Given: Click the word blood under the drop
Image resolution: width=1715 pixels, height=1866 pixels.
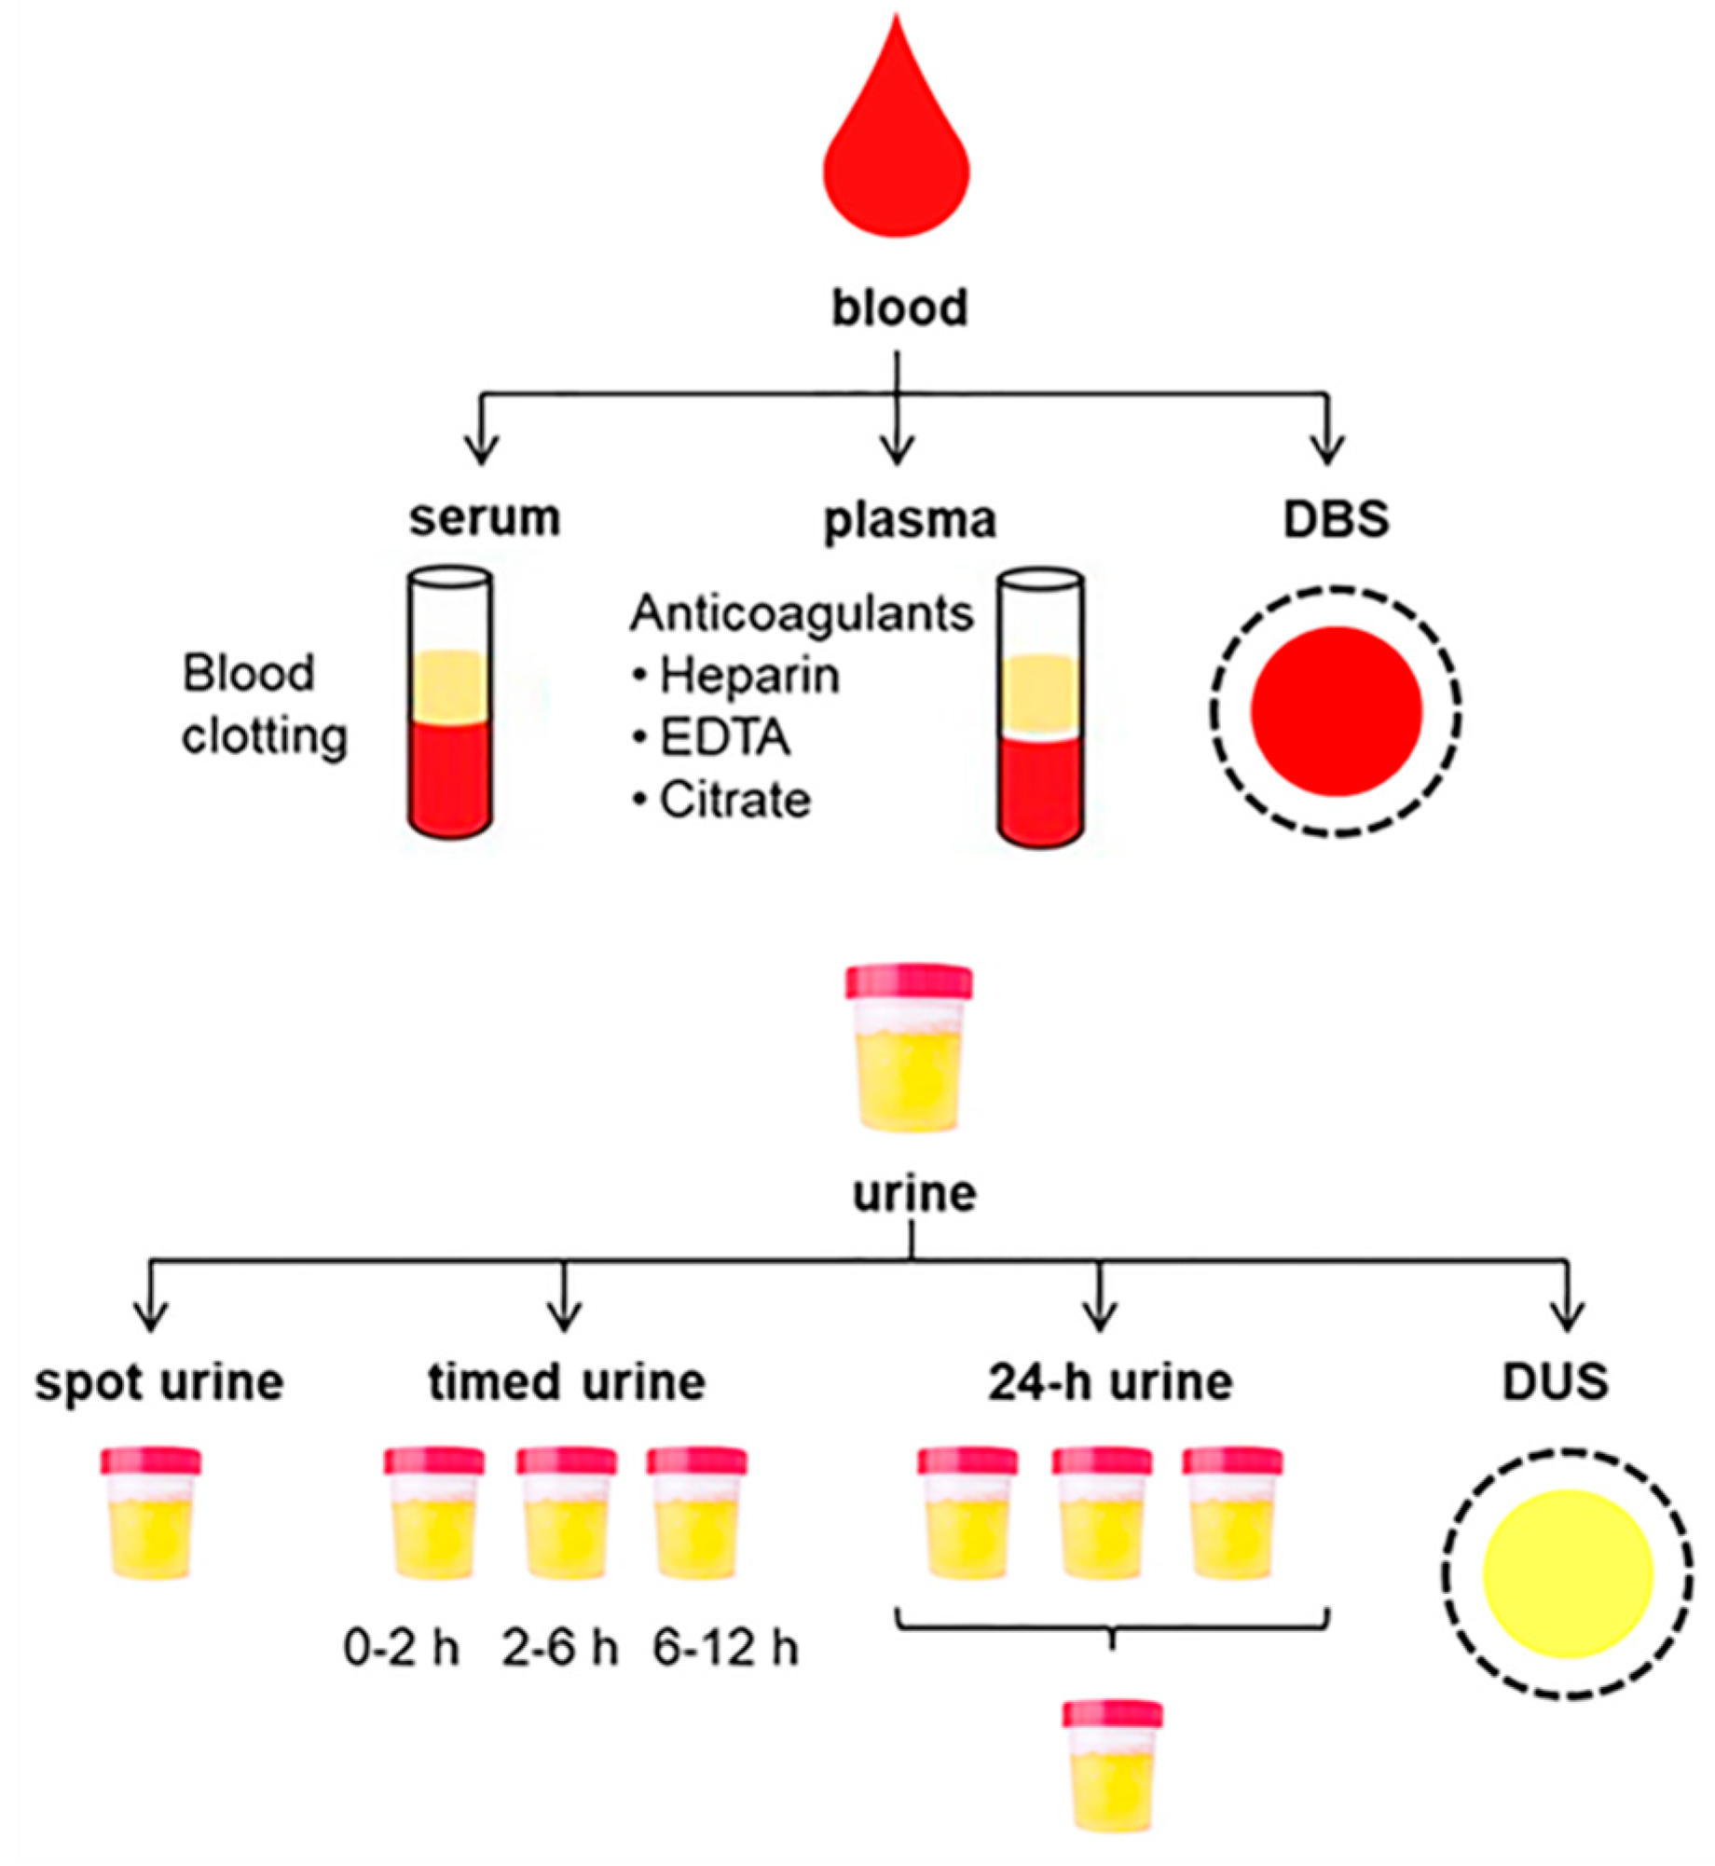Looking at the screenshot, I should [x=899, y=309].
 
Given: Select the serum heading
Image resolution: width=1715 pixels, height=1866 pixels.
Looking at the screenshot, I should [x=485, y=518].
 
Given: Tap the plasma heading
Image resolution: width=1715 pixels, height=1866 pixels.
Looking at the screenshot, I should [x=910, y=520].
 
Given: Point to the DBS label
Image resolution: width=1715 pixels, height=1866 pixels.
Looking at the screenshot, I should [x=1336, y=519].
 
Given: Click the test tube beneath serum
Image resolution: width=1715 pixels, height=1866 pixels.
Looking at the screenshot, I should [x=450, y=704].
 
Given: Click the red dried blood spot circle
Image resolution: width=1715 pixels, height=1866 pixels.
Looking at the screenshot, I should [x=1336, y=710].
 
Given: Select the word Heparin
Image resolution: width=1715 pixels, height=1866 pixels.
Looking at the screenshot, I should [x=749, y=676].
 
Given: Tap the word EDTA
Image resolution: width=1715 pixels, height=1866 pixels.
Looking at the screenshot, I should [x=725, y=738].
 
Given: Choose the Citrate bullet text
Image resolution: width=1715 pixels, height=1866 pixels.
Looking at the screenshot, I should [x=735, y=801].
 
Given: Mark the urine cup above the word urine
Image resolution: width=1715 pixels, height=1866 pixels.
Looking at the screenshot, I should [x=909, y=1048].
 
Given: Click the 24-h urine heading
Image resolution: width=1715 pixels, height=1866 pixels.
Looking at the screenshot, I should [x=1110, y=1382].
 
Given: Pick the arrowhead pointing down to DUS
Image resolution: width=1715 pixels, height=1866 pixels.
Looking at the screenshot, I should [x=1569, y=1317].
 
